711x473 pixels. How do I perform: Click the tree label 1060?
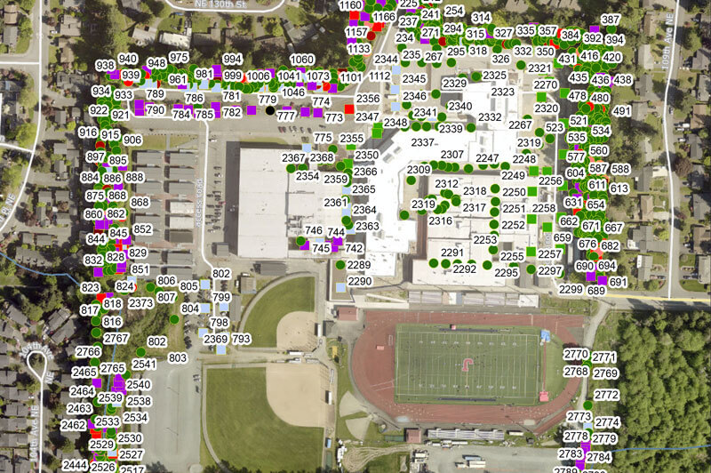point(302,60)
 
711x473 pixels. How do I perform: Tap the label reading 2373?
point(141,303)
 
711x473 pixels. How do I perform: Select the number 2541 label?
point(144,365)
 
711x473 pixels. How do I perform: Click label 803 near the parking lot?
point(177,357)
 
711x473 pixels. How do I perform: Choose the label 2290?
point(359,281)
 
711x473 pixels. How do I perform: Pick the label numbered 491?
point(622,111)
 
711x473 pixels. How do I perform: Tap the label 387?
point(611,20)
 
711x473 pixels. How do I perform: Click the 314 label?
point(481,18)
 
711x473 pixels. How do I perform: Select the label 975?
point(179,57)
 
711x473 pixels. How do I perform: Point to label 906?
point(132,140)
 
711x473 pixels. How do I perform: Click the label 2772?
point(606,395)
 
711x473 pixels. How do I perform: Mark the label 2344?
point(386,60)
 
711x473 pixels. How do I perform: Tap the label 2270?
point(546,85)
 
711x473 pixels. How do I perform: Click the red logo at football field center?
point(467,363)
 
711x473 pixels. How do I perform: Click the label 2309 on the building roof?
point(419,170)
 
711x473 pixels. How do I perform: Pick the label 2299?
point(571,289)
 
